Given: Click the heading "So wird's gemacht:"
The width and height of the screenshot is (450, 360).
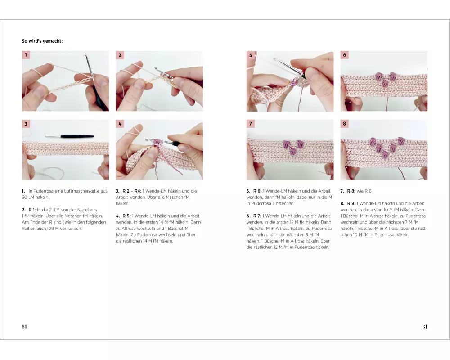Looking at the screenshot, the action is pos(42,41).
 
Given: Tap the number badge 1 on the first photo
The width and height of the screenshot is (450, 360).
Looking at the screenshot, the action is pos(26,55).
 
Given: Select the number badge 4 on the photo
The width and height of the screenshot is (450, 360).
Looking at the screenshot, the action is pos(120,124).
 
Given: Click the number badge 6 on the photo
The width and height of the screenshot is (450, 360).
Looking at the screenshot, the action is pos(344,55).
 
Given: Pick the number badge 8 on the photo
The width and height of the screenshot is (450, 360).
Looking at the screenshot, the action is pos(344,124).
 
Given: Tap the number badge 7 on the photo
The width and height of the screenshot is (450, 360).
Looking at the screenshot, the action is pos(251,124).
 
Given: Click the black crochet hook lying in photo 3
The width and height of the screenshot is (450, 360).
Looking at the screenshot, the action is pos(69,136).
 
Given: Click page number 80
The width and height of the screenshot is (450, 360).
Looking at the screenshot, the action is pos(24,326).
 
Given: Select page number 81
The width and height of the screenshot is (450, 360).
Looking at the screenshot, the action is pos(425,326).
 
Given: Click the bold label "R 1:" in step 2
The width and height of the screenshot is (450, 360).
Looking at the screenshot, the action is pos(32,210).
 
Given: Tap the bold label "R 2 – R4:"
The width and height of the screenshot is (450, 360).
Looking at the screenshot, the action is pos(132,191).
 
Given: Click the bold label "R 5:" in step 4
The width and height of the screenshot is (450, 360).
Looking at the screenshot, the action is pos(126,216).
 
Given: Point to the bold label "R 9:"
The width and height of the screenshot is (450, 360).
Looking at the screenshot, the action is pos(351,203).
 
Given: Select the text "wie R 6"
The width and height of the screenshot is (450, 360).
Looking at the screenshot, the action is pos(364,191).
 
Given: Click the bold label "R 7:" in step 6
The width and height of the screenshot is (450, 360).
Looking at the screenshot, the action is pos(257,216).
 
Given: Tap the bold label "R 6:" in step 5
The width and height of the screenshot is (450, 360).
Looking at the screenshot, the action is pos(257,191).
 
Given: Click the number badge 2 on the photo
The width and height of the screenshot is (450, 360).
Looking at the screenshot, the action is pos(120,55).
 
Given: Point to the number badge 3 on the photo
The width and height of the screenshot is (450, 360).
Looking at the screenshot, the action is pos(26,124).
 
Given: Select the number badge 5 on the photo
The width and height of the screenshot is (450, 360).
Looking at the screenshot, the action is pos(251,55).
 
